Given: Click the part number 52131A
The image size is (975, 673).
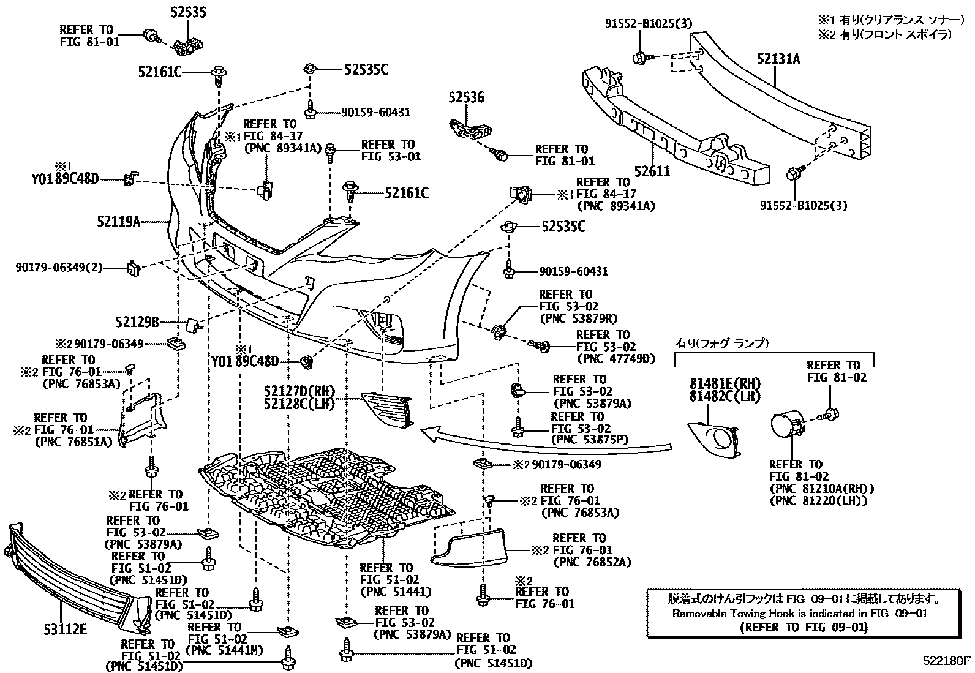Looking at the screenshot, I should [778, 59].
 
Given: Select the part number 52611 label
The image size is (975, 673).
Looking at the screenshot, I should [652, 171].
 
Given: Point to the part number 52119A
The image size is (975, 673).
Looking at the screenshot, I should [118, 221].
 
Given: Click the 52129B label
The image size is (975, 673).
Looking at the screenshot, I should [137, 321].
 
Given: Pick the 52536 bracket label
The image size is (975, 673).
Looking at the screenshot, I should [466, 97].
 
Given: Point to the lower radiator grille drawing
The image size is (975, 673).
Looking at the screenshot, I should [73, 576].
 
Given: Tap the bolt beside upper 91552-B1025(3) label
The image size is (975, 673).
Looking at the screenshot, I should [641, 58].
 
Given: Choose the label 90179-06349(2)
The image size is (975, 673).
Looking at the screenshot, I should [59, 267].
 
